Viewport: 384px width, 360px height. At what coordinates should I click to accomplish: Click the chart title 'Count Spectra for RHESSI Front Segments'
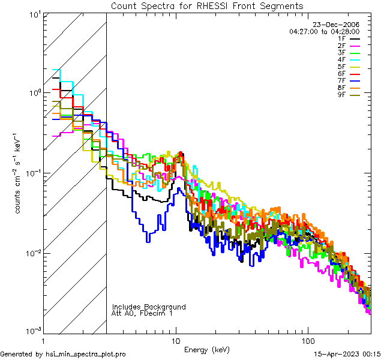click(x=207, y=5)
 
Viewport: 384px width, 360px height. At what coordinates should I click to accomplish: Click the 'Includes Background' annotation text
click(x=149, y=307)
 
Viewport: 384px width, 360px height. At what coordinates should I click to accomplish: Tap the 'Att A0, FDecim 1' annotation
click(x=142, y=313)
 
